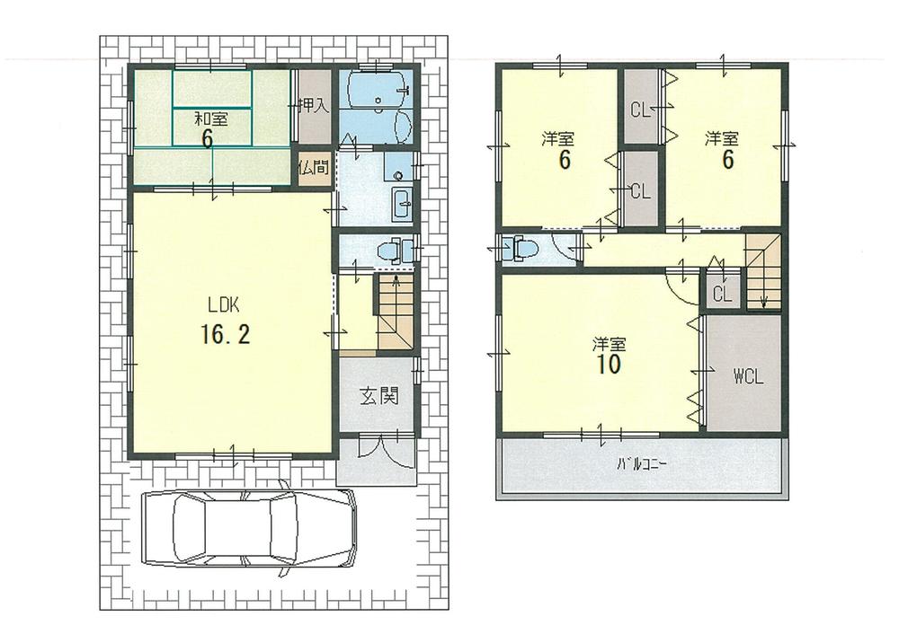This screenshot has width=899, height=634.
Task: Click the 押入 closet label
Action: pos(314,106)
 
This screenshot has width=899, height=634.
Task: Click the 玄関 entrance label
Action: pos(379,396)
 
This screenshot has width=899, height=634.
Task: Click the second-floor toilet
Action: pos(521,249)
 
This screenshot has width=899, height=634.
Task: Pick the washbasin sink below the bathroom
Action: pos(401,205)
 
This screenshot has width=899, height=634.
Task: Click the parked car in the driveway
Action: pos(249,529)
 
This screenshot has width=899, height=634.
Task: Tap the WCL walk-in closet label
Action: pos(747,377)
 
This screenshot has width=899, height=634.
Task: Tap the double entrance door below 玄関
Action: pos(378,447)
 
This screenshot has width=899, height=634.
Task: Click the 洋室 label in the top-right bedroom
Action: pos(722,138)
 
